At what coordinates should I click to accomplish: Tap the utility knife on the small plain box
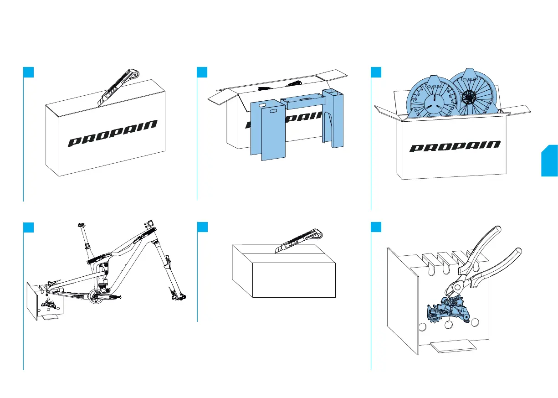click(x=301, y=240)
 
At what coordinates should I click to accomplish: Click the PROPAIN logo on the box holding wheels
click(x=455, y=147)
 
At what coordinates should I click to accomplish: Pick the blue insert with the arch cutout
click(x=333, y=119)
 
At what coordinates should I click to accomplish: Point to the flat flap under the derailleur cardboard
click(x=453, y=347)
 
